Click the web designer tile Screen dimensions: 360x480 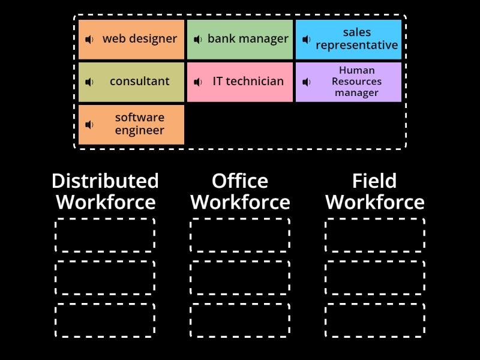(131, 40)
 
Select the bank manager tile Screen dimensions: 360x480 (240, 40)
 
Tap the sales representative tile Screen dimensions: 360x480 (349, 40)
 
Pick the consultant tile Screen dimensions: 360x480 (131, 82)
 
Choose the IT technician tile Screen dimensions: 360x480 (240, 82)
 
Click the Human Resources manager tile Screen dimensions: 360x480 (349, 82)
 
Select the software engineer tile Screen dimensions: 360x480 (131, 124)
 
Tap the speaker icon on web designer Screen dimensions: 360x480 (89, 40)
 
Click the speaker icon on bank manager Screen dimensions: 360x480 (198, 40)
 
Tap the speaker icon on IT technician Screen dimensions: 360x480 (198, 82)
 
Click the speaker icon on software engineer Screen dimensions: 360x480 (89, 125)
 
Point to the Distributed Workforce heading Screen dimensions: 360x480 (105, 191)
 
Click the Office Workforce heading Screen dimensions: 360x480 (240, 191)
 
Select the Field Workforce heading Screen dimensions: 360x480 (375, 191)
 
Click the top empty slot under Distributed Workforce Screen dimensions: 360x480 (105, 235)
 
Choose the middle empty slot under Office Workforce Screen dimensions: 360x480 (240, 277)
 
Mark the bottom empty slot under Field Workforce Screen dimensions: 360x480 (375, 320)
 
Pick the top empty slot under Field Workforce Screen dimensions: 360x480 (375, 235)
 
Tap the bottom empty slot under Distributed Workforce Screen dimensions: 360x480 (105, 320)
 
